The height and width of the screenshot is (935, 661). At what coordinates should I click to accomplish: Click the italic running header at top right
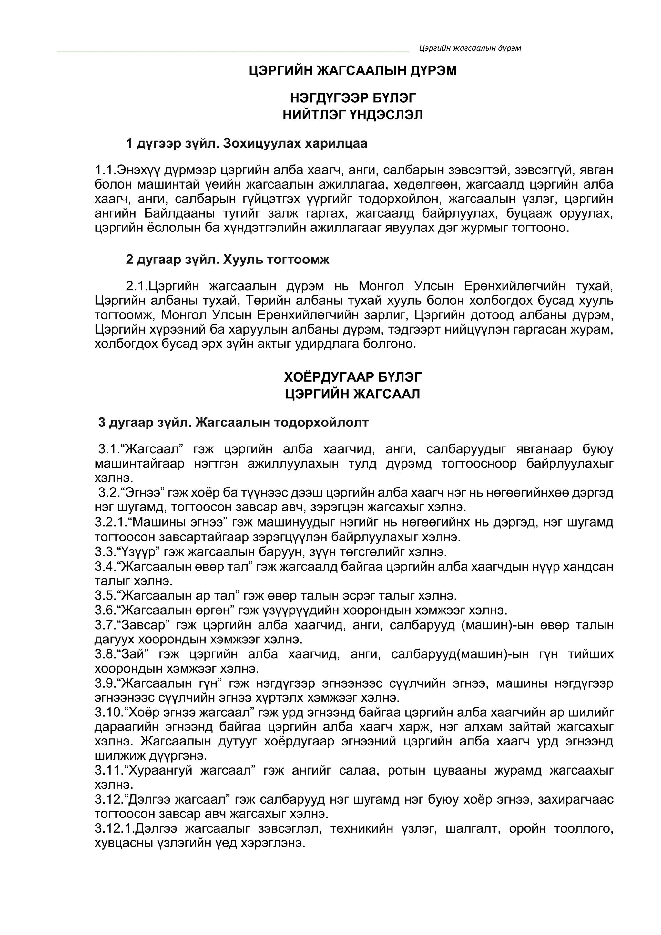pyautogui.click(x=470, y=48)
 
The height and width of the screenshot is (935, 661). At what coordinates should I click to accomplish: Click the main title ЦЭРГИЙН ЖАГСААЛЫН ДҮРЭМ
pyautogui.click(x=352, y=71)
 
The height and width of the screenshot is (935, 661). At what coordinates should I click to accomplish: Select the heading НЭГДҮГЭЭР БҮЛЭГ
pyautogui.click(x=352, y=98)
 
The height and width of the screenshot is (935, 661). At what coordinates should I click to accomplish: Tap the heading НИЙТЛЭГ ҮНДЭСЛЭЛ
pyautogui.click(x=352, y=115)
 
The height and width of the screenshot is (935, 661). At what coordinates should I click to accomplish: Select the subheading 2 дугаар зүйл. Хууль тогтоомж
pyautogui.click(x=228, y=259)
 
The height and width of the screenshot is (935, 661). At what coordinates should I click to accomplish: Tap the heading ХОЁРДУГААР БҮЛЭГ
pyautogui.click(x=352, y=377)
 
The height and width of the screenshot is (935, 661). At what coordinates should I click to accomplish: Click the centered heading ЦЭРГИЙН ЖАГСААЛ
pyautogui.click(x=352, y=394)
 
